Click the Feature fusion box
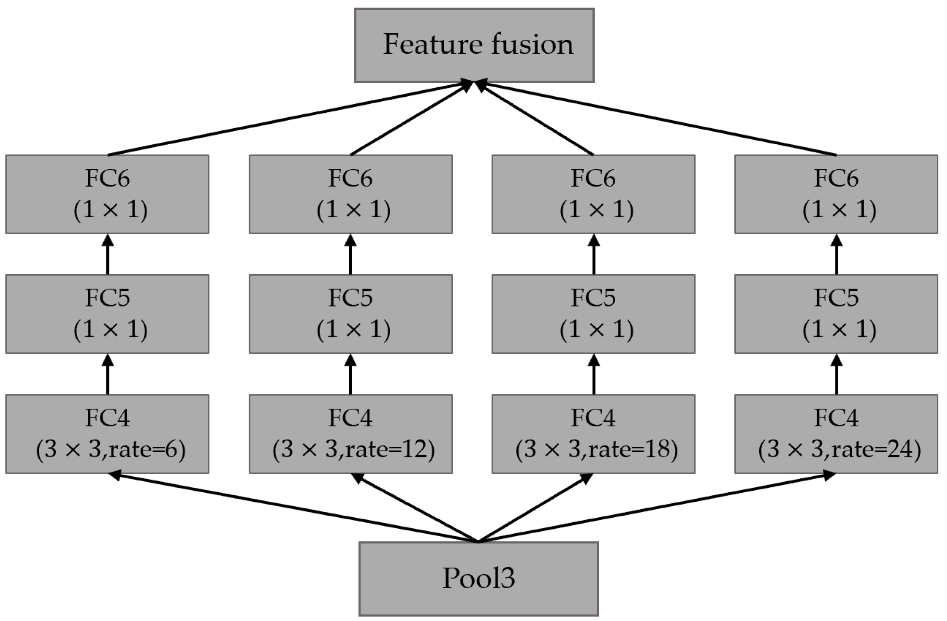(x=474, y=45)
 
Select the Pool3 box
(x=479, y=578)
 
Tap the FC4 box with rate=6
(x=107, y=434)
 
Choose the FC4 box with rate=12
(x=351, y=434)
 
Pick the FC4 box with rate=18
(x=593, y=434)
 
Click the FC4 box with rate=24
(x=836, y=434)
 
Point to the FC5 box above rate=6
(x=107, y=314)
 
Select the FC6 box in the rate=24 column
(x=836, y=194)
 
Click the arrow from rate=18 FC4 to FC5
(x=593, y=375)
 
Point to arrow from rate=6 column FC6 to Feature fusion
(x=287, y=118)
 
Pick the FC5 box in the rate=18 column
(x=593, y=314)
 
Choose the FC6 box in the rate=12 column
(x=351, y=194)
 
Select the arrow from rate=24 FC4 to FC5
(x=836, y=375)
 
